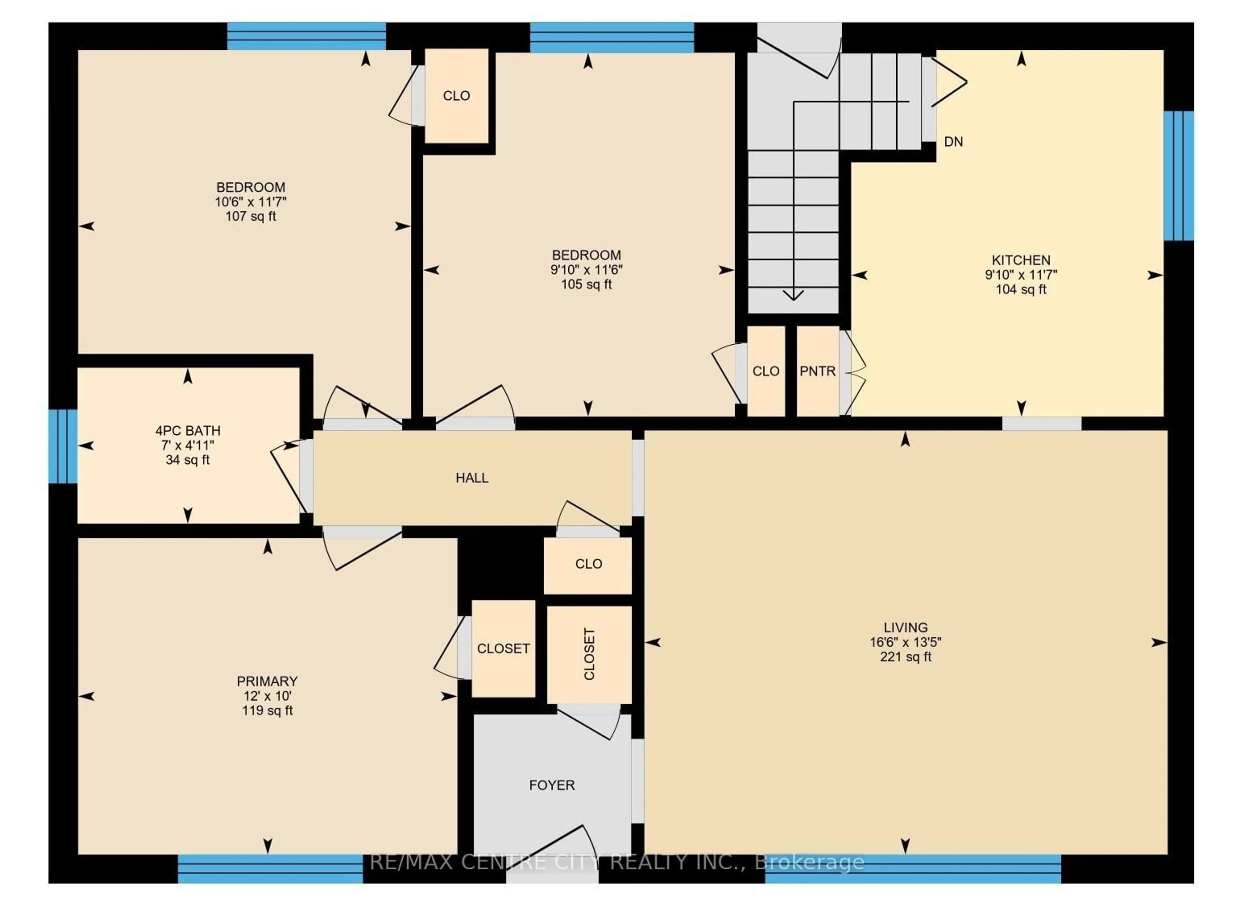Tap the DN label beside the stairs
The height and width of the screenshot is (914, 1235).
[x=953, y=142]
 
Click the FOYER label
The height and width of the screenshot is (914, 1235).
[x=552, y=785]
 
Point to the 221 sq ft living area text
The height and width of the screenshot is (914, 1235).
[x=905, y=657]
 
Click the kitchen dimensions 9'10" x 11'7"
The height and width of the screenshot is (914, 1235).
[x=1021, y=275]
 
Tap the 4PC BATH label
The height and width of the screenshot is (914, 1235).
[x=188, y=430]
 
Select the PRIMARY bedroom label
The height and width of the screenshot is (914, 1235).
[x=267, y=681]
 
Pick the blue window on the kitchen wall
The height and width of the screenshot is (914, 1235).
[x=1179, y=176]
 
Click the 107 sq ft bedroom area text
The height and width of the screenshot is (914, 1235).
[x=251, y=216]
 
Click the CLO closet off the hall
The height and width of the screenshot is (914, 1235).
[x=588, y=564]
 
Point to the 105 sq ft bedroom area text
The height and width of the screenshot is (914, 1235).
[x=587, y=285]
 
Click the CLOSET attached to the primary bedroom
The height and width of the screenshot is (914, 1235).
[x=503, y=648]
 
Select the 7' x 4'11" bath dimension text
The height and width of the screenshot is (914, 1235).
[x=188, y=445]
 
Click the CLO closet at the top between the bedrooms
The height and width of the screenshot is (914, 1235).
[x=456, y=96]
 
